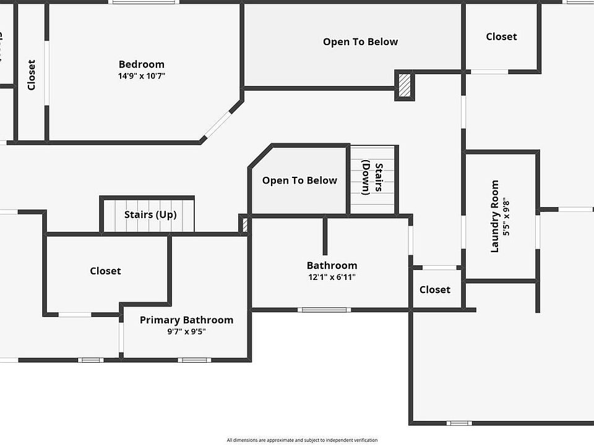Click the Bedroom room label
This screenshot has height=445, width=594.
click(x=142, y=64)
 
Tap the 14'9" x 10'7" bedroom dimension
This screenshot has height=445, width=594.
click(x=142, y=76)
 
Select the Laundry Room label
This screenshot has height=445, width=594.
click(x=494, y=216)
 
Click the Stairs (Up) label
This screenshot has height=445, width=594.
click(x=150, y=215)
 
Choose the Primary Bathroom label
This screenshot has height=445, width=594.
click(x=186, y=320)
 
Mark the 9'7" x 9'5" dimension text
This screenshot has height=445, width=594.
click(x=186, y=331)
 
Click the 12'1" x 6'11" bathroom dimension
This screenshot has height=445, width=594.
click(x=332, y=278)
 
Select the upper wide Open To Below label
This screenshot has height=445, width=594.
click(x=360, y=42)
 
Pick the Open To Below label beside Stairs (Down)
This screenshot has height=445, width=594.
click(x=299, y=180)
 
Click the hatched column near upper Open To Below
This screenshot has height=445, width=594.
click(x=404, y=85)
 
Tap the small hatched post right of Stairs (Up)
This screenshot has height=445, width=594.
click(x=244, y=224)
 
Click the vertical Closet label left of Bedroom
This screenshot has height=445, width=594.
click(x=32, y=74)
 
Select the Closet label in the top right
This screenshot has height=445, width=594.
click(x=501, y=37)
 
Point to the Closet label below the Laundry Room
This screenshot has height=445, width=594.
click(x=435, y=290)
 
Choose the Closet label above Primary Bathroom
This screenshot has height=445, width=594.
click(x=105, y=271)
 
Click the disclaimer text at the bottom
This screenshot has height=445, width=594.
click(x=302, y=440)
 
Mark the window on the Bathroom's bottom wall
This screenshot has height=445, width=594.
click(x=324, y=310)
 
